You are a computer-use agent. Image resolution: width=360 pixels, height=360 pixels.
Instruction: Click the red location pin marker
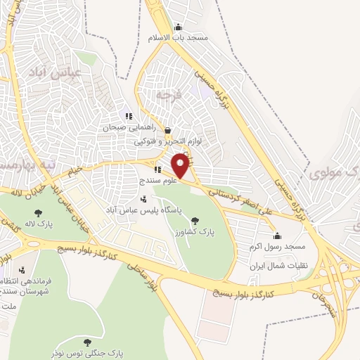coord(181,166)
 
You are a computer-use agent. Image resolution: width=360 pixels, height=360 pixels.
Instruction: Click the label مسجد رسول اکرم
coord(275,248)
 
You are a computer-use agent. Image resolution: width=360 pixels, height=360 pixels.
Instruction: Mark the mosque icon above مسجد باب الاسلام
coord(178,23)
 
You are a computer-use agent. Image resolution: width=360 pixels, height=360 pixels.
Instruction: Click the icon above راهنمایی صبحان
coord(127,116)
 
